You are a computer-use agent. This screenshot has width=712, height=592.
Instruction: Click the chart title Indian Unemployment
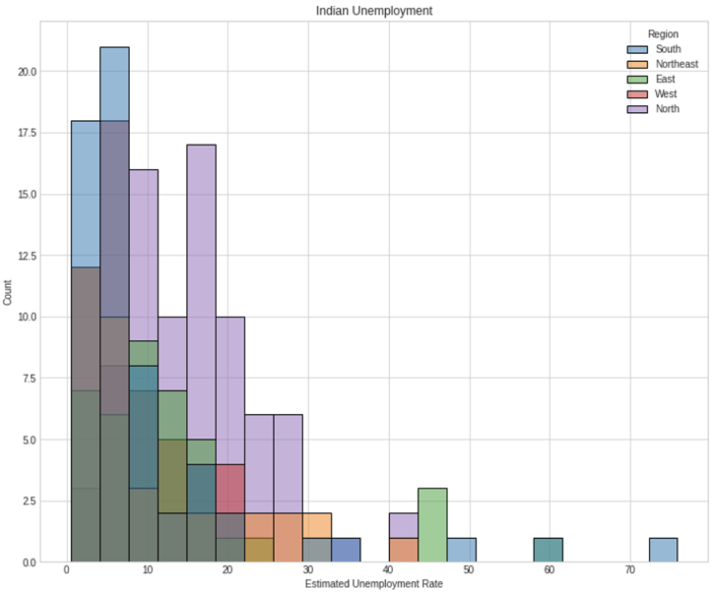pos(374,10)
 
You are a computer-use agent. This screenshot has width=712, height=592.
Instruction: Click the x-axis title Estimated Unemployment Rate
pos(373,583)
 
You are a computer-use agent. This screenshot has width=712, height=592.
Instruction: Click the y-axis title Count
pos(8,293)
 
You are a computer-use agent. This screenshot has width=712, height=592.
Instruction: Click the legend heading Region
pos(663,34)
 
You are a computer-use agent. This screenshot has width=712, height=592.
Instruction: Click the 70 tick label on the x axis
pos(630,570)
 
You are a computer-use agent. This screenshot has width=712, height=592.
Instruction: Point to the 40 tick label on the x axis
pos(388,570)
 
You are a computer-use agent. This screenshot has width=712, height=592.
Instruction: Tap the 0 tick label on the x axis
pos(67,570)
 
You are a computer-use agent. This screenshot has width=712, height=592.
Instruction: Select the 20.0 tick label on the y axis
pos(27,72)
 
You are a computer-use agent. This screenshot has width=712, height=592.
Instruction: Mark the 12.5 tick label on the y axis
pos(27,256)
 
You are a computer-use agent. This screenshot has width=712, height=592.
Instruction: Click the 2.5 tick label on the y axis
pos(29,501)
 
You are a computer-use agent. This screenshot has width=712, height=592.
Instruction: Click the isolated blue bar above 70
pos(663,550)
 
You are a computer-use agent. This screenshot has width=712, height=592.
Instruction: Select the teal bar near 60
pos(548,550)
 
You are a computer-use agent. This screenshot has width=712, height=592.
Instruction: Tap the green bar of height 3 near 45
pos(433,525)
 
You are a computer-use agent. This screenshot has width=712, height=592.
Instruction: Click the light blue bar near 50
pos(462,550)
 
